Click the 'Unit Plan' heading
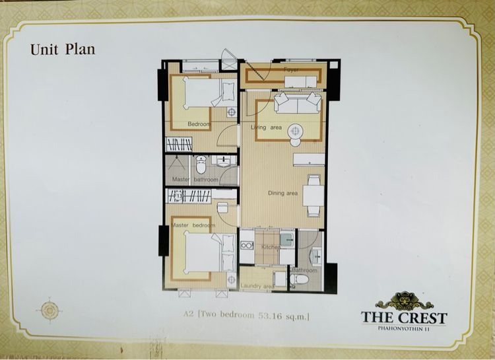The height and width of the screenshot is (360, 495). [63, 50]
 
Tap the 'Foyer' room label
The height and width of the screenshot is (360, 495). [291, 69]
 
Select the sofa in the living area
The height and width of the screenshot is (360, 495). [298, 104]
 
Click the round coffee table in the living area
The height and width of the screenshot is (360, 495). [295, 131]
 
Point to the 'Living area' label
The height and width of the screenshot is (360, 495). [267, 127]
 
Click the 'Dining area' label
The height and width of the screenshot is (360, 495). [282, 193]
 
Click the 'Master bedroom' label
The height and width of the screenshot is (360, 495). [193, 225]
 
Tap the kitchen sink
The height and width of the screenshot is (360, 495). [286, 238]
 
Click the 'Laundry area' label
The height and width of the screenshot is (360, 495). [257, 286]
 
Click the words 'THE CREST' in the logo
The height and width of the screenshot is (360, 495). [404, 317]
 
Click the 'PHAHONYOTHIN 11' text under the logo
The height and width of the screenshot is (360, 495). [404, 328]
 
